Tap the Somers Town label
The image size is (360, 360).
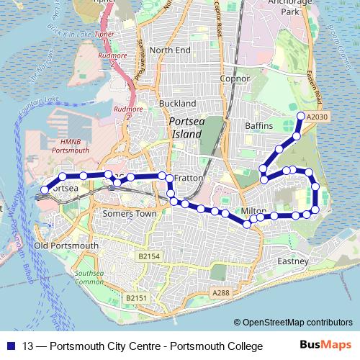pos(130,214)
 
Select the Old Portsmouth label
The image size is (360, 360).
pos(66,246)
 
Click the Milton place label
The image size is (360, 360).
pos(253,210)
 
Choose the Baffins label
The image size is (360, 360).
pos(258,126)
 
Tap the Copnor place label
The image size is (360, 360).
pos(235,78)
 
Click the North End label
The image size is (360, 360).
pos(170,50)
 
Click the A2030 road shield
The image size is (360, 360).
pos(317,117)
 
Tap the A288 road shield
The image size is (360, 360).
pos(221,293)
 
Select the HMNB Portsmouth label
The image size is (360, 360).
pos(70,146)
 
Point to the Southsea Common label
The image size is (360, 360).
pos(90,278)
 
